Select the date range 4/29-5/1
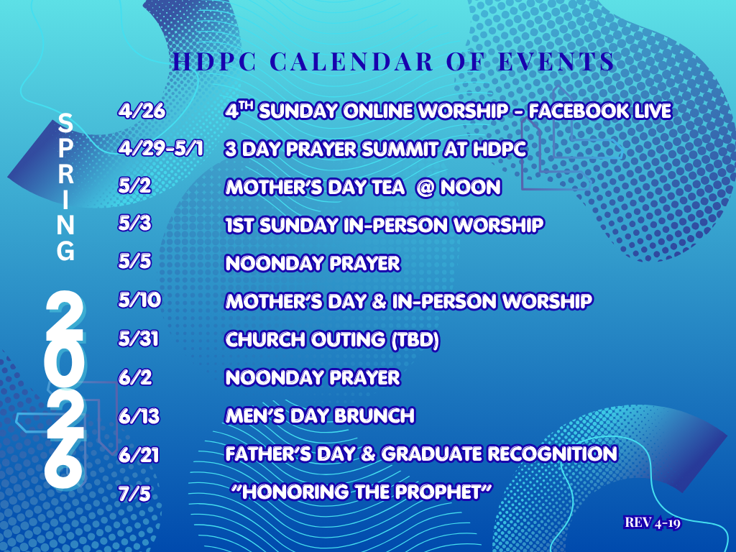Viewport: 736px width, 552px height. click(x=160, y=149)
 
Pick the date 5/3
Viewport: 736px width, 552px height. click(x=136, y=224)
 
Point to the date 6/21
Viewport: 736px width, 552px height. click(x=139, y=454)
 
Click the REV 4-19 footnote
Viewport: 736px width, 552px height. click(x=653, y=523)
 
